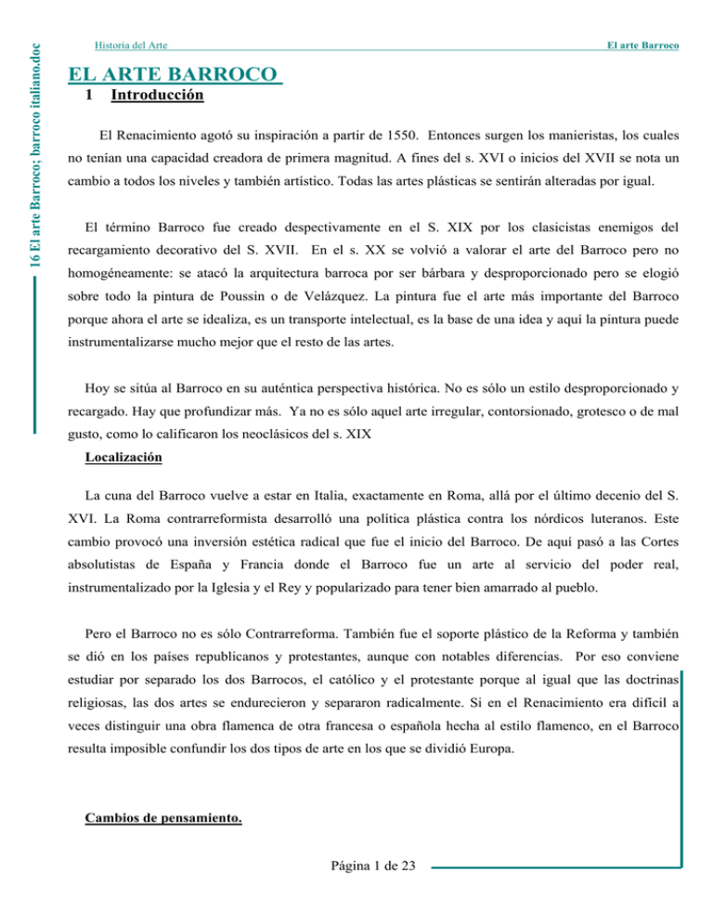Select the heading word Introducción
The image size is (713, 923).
[x=157, y=95]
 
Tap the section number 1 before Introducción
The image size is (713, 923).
[x=87, y=95]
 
